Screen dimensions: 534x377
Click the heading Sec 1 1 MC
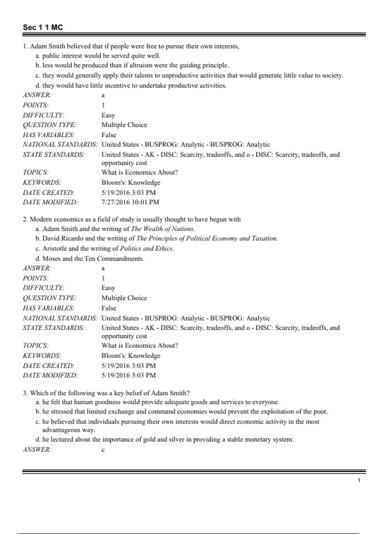(43, 27)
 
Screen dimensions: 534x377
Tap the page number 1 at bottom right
(359, 480)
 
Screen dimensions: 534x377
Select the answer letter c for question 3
(103, 450)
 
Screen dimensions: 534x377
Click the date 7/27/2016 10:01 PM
(130, 202)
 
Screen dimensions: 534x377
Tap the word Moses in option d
(52, 259)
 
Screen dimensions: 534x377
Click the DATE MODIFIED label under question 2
(50, 375)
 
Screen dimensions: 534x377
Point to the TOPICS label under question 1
(36, 172)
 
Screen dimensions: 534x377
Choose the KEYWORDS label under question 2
(42, 356)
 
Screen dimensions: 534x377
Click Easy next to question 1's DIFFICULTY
(108, 115)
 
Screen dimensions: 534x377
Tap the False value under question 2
(109, 308)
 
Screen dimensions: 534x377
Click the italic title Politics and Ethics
(147, 248)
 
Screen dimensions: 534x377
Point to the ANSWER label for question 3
(37, 450)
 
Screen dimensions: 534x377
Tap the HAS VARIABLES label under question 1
(48, 135)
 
